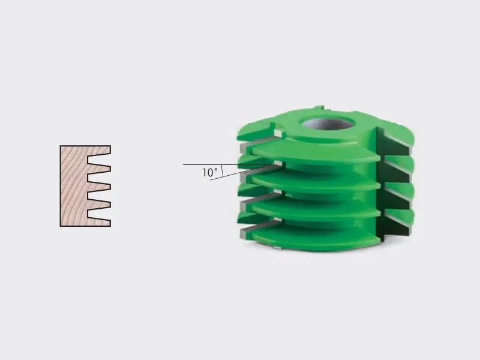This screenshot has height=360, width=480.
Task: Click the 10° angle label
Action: pos(210,172)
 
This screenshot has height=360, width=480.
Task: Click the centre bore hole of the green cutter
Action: pos(328,123)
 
